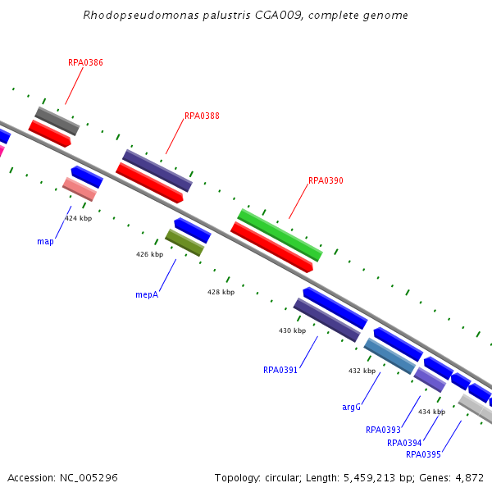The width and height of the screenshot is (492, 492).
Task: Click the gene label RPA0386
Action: tap(85, 62)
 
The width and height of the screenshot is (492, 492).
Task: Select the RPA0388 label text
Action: tap(202, 116)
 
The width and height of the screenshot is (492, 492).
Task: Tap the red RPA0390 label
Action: tap(326, 180)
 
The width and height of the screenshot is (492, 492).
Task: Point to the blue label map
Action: tap(45, 242)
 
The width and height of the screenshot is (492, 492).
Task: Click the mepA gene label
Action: tap(147, 295)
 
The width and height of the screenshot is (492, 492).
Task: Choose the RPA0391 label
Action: tap(280, 371)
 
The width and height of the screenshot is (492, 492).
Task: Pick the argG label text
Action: tap(351, 407)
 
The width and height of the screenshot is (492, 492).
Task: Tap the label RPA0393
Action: tap(383, 430)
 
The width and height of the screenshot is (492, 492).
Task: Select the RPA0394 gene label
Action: tap(404, 443)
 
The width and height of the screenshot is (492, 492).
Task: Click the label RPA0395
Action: tap(423, 454)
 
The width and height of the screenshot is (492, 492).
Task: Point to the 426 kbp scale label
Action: tap(150, 254)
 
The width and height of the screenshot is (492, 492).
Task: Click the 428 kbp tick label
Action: tap(221, 292)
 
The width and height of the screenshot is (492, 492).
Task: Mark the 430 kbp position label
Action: tap(292, 330)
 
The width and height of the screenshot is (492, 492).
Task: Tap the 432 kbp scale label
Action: tap(362, 371)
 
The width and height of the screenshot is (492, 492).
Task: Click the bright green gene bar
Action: tap(280, 235)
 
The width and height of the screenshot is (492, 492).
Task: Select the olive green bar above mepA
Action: tap(184, 243)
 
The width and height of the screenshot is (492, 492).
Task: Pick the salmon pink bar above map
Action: tap(80, 189)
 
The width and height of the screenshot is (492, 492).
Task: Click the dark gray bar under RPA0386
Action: tap(57, 121)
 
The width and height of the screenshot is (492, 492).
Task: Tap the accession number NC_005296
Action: tap(89, 478)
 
